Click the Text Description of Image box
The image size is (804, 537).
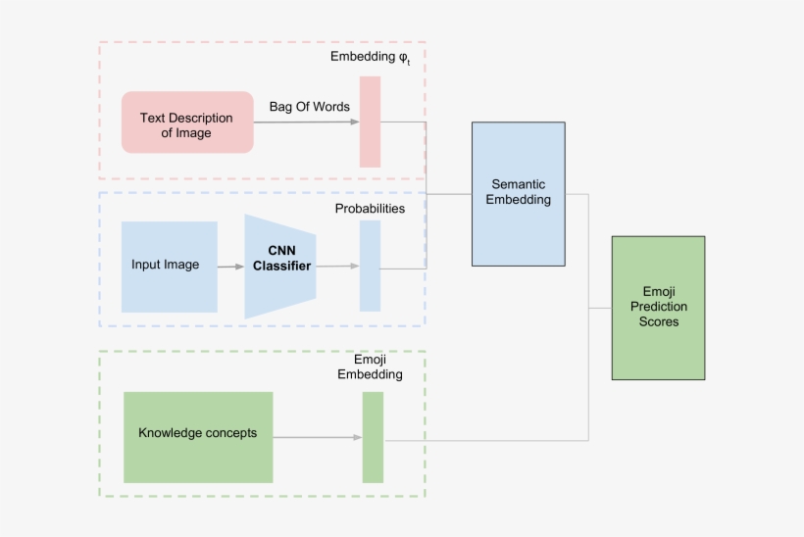click(x=187, y=122)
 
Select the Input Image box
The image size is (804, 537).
click(x=169, y=267)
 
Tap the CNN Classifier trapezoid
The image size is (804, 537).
click(x=280, y=266)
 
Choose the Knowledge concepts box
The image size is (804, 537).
click(x=198, y=437)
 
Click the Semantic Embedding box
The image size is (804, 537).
click(x=518, y=194)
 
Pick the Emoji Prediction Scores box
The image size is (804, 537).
click(x=658, y=308)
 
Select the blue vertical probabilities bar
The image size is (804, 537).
click(x=370, y=266)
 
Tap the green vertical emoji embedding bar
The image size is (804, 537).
click(x=373, y=437)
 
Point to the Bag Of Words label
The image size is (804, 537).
click(x=309, y=107)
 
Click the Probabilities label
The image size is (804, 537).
click(x=370, y=209)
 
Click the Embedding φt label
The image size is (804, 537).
click(x=370, y=58)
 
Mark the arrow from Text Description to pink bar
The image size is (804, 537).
click(x=306, y=122)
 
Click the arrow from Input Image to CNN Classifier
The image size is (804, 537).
click(x=230, y=267)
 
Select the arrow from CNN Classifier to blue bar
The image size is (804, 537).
click(x=337, y=266)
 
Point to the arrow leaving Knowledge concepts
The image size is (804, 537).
click(x=315, y=437)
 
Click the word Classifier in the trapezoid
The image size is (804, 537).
click(x=282, y=267)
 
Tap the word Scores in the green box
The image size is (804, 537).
click(x=658, y=321)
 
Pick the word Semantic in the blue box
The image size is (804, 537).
click(x=518, y=184)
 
